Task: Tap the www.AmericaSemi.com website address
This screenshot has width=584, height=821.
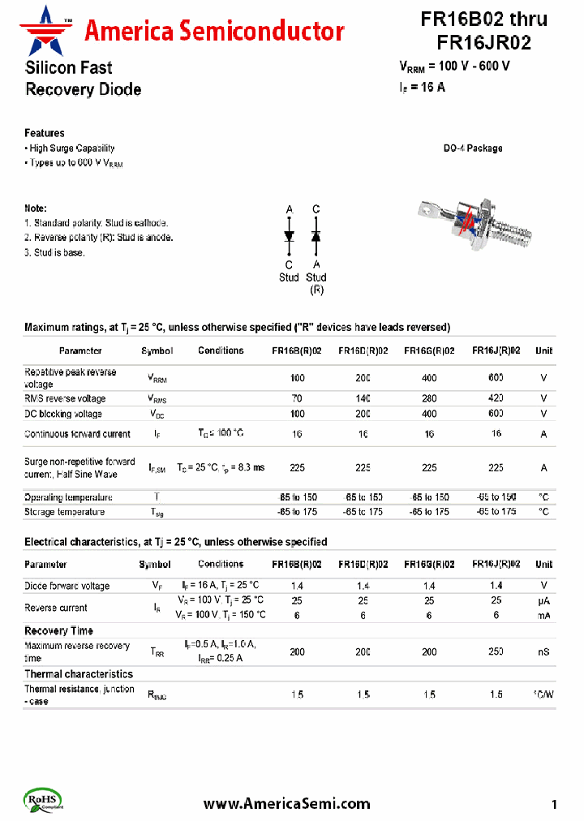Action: (286, 804)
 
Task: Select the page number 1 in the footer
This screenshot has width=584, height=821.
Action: (554, 805)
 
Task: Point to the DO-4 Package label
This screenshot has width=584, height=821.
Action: (472, 148)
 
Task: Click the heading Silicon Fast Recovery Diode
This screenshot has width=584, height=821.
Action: (82, 79)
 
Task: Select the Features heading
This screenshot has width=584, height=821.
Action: (45, 133)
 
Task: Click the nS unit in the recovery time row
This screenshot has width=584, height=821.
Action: (543, 651)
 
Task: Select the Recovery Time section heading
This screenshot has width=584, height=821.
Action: (58, 630)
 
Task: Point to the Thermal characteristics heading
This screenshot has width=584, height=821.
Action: (78, 674)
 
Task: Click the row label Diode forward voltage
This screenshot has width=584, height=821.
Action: (67, 586)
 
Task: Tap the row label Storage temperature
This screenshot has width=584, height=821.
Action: (64, 512)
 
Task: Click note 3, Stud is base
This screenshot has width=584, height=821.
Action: (54, 252)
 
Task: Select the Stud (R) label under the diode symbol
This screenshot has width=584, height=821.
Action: (316, 283)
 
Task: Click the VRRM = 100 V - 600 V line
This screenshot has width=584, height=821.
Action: (454, 67)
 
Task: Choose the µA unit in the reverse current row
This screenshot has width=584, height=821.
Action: (543, 600)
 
